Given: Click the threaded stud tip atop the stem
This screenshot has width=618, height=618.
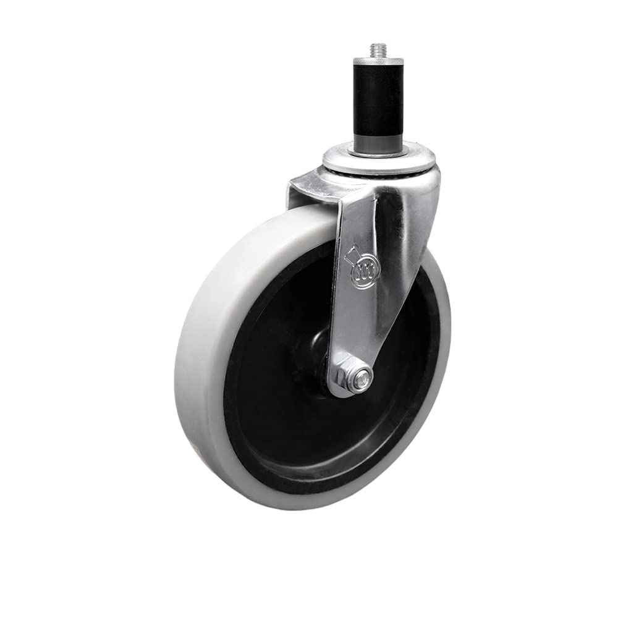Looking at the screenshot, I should (377, 50).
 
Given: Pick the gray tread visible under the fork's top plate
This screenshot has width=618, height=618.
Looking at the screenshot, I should (309, 216).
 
